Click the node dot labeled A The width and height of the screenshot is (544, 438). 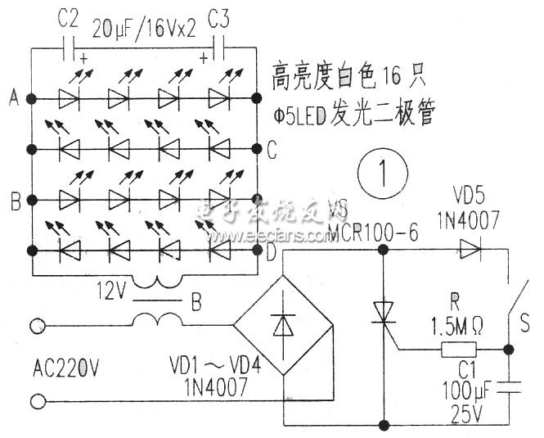32,98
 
